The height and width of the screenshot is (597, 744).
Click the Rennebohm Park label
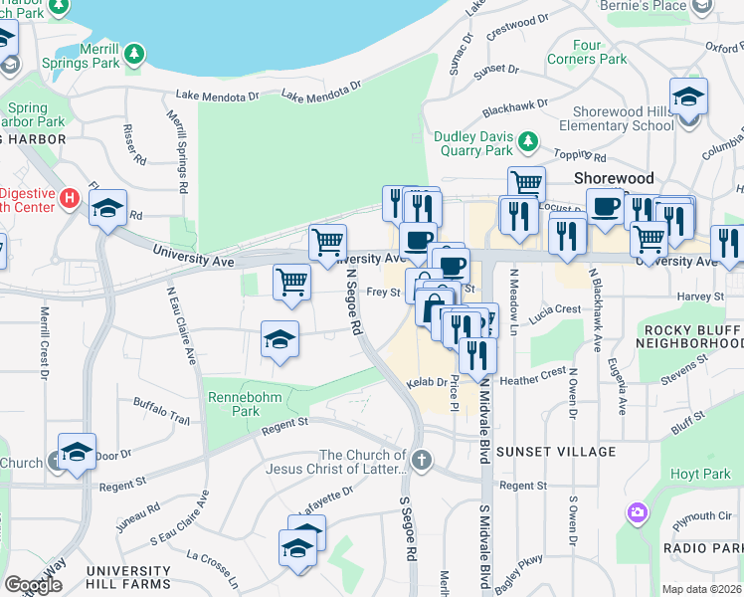232,404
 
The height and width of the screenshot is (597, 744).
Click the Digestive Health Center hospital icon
68,197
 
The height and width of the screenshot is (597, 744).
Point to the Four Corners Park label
587,52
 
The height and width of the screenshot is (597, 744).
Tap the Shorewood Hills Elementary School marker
688,98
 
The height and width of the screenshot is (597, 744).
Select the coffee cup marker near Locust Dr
605,207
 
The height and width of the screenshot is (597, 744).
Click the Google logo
32,585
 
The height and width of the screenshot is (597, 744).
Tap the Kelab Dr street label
426,383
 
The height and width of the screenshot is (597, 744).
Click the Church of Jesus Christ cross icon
423,460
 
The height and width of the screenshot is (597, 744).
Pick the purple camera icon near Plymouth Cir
637,513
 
